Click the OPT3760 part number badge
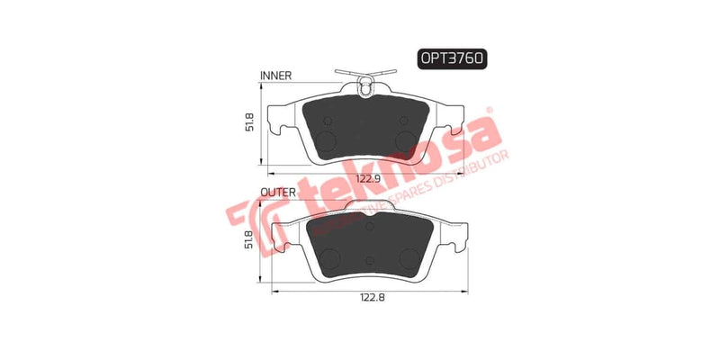pyautogui.click(x=452, y=59)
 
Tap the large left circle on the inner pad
pyautogui.click(x=328, y=139)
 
